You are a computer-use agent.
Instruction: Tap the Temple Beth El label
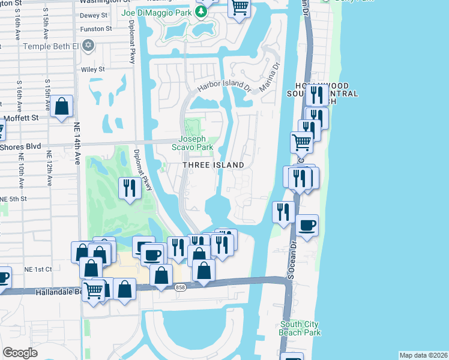tap(50, 46)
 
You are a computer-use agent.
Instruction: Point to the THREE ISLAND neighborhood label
tap(214, 165)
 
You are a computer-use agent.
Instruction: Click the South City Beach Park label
tap(300, 329)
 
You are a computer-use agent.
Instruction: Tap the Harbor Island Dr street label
tap(224, 85)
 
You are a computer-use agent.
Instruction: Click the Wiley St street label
tap(93, 70)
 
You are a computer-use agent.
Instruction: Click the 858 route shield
tap(180, 289)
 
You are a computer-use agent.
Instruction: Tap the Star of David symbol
tap(89, 45)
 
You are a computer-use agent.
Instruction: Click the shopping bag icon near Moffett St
tap(62, 107)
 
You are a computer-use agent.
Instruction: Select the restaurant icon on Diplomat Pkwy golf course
tap(130, 188)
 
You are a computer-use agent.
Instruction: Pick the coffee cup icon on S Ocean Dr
tap(307, 225)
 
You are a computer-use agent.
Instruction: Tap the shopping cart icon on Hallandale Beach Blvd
tap(93, 290)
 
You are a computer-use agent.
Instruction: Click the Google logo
tap(20, 353)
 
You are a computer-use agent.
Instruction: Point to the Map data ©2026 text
tap(423, 355)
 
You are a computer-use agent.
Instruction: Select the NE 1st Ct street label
tap(38, 269)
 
